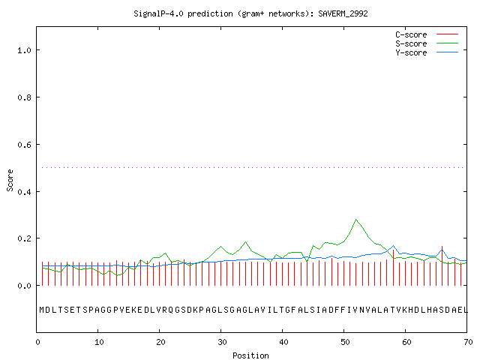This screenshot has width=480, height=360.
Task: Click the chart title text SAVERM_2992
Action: [x=343, y=13]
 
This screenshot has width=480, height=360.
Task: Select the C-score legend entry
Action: [x=427, y=34]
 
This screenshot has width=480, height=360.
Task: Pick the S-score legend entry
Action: [x=427, y=43]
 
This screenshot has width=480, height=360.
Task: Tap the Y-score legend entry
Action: [x=427, y=52]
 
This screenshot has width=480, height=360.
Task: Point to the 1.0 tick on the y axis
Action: [x=24, y=50]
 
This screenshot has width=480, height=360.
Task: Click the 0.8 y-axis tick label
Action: [x=24, y=97]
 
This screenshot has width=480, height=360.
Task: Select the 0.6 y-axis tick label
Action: [x=24, y=145]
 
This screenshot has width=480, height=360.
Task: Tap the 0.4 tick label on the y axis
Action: [x=24, y=192]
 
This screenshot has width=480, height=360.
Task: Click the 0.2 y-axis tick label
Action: [x=24, y=238]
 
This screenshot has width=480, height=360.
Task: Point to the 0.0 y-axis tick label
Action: [x=24, y=286]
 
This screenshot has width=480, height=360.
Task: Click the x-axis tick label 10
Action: [x=99, y=342]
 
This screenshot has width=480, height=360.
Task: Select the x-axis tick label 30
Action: [x=222, y=342]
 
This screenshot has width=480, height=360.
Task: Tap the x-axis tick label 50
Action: [x=345, y=342]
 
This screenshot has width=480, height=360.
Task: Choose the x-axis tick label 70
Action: [x=468, y=342]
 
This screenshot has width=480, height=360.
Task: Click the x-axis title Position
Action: [x=250, y=355]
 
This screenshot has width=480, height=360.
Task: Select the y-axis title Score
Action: [x=10, y=180]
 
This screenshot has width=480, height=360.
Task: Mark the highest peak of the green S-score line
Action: [x=355, y=220]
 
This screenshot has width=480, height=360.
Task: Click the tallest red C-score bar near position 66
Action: [x=442, y=265]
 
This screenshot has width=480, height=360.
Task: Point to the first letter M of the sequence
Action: [x=42, y=310]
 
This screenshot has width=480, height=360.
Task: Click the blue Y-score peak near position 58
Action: [x=393, y=246]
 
